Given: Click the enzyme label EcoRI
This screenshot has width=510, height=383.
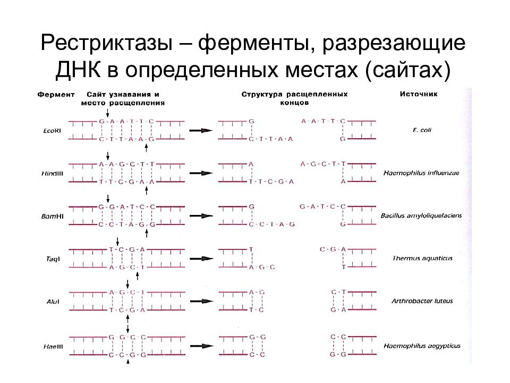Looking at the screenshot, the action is tap(52, 131).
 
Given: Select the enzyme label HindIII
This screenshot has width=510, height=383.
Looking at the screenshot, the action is tap(52, 173).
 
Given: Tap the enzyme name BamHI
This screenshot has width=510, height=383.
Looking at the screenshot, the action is tap(52, 217).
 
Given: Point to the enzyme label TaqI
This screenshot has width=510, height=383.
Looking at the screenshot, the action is tap(53, 259).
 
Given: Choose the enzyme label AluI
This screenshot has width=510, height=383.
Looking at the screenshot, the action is tap(53, 302).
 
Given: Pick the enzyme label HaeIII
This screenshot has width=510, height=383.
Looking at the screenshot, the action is tap(53, 346).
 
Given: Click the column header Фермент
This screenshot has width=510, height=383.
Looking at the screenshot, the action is tap(56, 95).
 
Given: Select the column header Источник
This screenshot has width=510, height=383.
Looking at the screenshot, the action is tap(419, 94).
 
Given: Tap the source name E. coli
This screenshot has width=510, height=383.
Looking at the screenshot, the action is tap(422, 130).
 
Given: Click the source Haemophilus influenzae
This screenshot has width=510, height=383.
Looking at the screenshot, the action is tap(421, 173).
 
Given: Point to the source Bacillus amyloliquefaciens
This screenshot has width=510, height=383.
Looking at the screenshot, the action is tap(421, 215).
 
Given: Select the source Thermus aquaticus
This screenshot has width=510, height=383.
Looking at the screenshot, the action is tap(422, 259).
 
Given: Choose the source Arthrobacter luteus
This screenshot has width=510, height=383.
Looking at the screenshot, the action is tap(422, 301).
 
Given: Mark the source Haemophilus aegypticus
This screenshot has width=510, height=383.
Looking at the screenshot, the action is tap(422, 346).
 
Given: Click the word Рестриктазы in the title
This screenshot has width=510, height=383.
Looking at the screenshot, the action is tap(107, 43).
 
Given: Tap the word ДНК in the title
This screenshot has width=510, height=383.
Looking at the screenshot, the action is tap(78, 69).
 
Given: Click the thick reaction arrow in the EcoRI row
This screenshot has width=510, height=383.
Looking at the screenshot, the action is tap(201, 131).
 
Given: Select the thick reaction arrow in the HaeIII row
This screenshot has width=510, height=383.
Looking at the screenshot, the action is tap(202, 346).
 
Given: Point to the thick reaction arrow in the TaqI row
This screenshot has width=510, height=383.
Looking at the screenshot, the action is tap(201, 259).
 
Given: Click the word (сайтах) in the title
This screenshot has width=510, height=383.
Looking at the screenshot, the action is tap(408, 70).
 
